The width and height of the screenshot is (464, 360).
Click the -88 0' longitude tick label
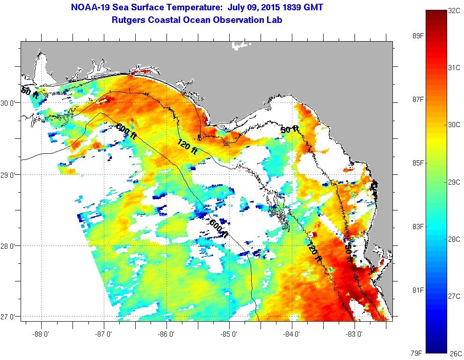pyautogui.click(x=41, y=334)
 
